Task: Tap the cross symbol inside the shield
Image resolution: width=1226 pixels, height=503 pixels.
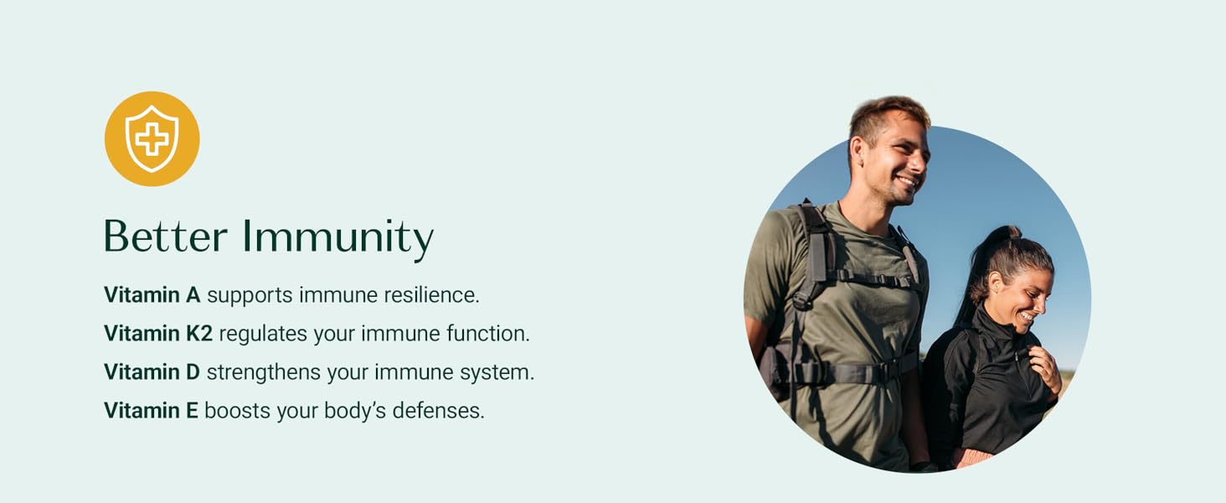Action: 152,138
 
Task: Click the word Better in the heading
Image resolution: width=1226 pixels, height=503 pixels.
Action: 165,236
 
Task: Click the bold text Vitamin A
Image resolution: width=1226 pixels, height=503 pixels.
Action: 152,295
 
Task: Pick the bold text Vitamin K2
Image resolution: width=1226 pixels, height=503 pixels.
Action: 158,333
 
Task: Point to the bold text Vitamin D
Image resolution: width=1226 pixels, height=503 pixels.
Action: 152,372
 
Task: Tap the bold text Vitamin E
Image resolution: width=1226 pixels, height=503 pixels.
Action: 151,411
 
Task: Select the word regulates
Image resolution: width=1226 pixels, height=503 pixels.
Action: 263,334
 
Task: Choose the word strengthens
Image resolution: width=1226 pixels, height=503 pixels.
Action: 264,372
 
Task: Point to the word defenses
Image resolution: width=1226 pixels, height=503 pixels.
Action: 439,411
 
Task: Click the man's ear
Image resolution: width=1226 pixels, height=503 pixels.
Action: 857,153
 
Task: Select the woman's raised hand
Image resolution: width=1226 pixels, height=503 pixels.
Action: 1045,367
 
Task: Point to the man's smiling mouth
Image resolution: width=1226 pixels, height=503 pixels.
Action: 906,182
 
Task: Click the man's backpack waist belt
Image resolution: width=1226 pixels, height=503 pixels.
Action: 854,371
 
